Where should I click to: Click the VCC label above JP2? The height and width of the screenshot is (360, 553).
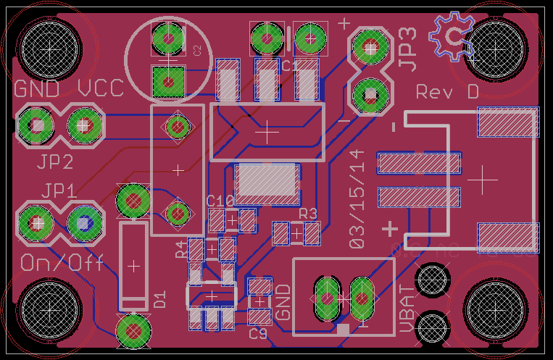[x=101, y=89]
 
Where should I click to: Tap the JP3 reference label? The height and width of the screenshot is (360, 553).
[x=408, y=49]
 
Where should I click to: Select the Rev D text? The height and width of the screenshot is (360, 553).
[x=447, y=93]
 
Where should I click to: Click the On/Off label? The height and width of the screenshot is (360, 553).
[x=62, y=262]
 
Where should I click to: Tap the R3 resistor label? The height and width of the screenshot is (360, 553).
[x=308, y=213]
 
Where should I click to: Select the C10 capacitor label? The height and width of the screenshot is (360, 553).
[x=220, y=200]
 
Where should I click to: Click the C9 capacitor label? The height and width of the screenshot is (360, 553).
[x=258, y=334]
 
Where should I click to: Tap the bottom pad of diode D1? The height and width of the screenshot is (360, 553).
[x=133, y=330]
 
